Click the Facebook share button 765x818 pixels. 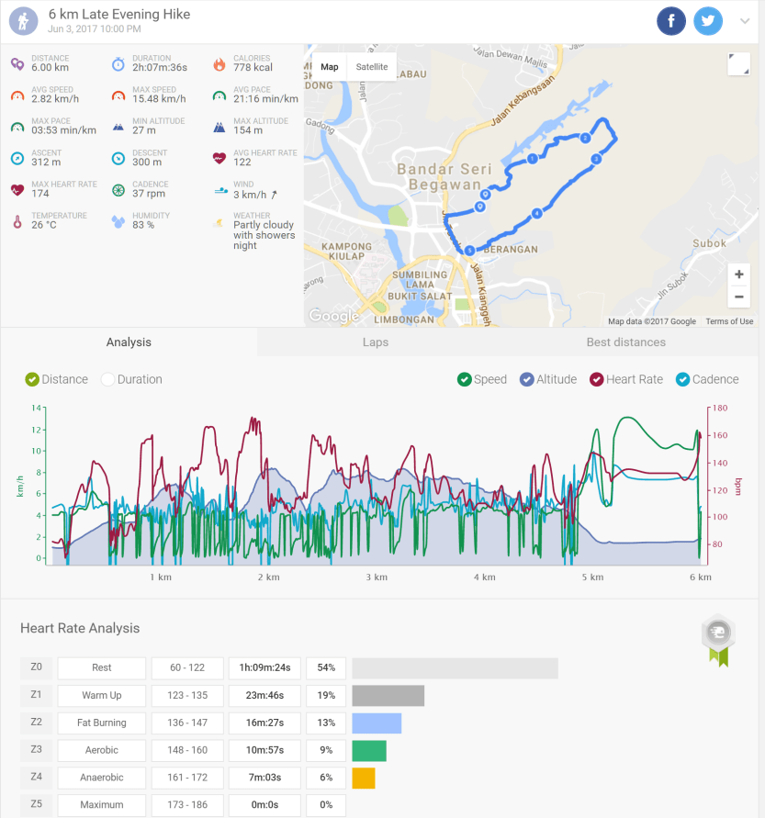click(671, 21)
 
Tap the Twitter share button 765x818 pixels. click(708, 21)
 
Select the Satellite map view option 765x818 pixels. click(372, 67)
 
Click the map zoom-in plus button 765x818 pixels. click(738, 275)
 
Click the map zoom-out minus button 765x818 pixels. click(738, 297)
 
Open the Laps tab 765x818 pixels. click(375, 342)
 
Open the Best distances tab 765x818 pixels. click(625, 342)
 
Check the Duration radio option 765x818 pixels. click(108, 379)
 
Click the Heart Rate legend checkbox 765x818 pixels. click(597, 379)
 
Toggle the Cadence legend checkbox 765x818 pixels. click(682, 379)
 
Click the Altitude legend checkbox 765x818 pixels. click(527, 379)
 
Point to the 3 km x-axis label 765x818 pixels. click(376, 577)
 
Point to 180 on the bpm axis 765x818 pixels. click(719, 408)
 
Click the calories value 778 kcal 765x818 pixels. click(253, 68)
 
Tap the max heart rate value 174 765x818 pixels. click(40, 194)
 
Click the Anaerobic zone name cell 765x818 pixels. click(101, 778)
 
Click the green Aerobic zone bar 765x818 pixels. click(369, 750)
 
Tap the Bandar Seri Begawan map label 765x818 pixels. click(439, 177)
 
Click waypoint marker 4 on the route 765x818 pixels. click(536, 213)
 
